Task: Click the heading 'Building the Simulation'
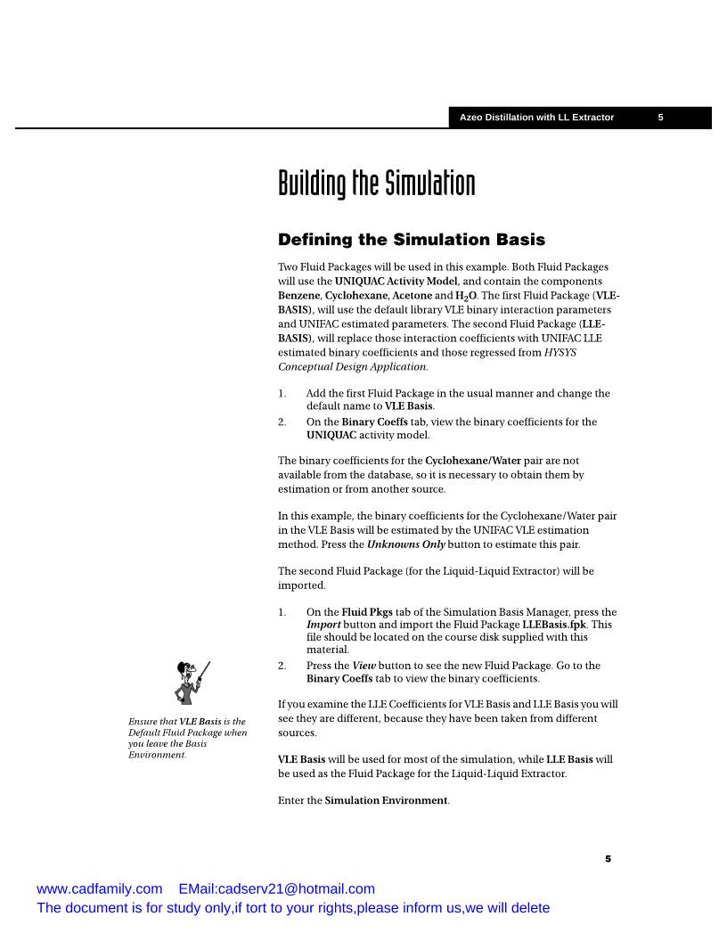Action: tap(376, 184)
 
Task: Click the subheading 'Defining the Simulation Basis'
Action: tap(411, 240)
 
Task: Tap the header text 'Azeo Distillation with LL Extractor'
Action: tap(536, 118)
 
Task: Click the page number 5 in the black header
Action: tap(660, 118)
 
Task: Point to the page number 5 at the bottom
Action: tap(609, 859)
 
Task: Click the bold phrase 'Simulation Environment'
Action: tap(386, 800)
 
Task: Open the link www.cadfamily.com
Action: tap(100, 888)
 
